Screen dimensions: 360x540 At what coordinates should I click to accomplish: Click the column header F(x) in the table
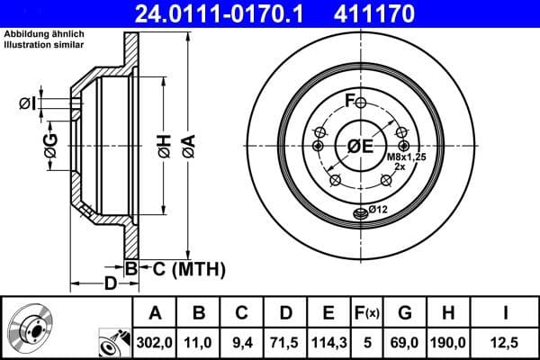367,313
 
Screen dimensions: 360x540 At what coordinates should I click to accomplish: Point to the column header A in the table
155,313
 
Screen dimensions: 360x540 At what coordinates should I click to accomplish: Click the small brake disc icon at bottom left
30,328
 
